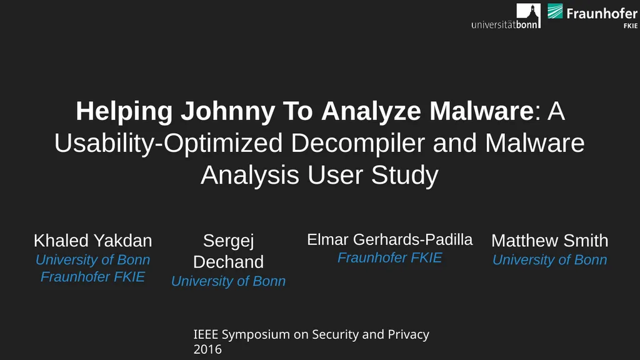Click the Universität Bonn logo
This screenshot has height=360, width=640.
[506, 16]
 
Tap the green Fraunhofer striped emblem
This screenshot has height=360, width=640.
[555, 11]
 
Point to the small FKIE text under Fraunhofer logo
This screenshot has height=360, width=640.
[631, 26]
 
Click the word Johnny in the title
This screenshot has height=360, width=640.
[227, 111]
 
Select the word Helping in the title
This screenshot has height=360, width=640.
[124, 111]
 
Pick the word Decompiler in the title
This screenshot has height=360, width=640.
[357, 143]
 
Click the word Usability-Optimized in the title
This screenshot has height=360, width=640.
[168, 143]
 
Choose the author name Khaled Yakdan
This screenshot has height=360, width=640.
[92, 241]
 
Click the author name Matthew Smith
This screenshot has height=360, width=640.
[550, 241]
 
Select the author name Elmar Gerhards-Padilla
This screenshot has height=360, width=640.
[390, 239]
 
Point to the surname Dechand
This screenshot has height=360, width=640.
[228, 262]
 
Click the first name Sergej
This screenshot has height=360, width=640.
[229, 241]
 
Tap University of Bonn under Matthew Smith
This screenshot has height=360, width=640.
[550, 259]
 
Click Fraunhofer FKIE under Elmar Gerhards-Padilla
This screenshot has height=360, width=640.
[390, 257]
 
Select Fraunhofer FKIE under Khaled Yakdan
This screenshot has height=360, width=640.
[92, 277]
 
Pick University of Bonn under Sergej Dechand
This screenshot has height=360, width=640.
[228, 281]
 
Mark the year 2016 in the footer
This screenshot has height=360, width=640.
[207, 349]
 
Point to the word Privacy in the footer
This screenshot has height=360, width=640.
[408, 335]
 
